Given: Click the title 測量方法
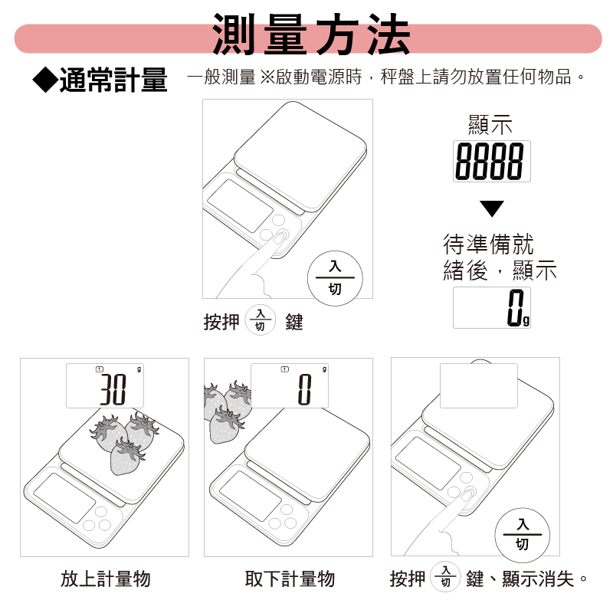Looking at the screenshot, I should click(311, 36).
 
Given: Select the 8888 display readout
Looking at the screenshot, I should click(491, 161).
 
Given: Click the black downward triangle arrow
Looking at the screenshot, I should click(492, 208).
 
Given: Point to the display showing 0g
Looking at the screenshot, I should click(491, 307).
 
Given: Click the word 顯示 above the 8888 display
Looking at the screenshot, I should click(490, 125).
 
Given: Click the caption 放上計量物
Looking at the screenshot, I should click(106, 579).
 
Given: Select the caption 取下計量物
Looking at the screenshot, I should click(290, 579).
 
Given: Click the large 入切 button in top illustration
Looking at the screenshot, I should click(335, 277).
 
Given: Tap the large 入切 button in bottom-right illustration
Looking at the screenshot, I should click(522, 534).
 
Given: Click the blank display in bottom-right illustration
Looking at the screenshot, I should click(478, 385).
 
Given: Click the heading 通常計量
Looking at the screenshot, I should click(113, 79).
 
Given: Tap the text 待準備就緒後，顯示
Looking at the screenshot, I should click(499, 257).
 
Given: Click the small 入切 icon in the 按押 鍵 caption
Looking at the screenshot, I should click(260, 321).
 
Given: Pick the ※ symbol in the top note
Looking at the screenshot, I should click(267, 77).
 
